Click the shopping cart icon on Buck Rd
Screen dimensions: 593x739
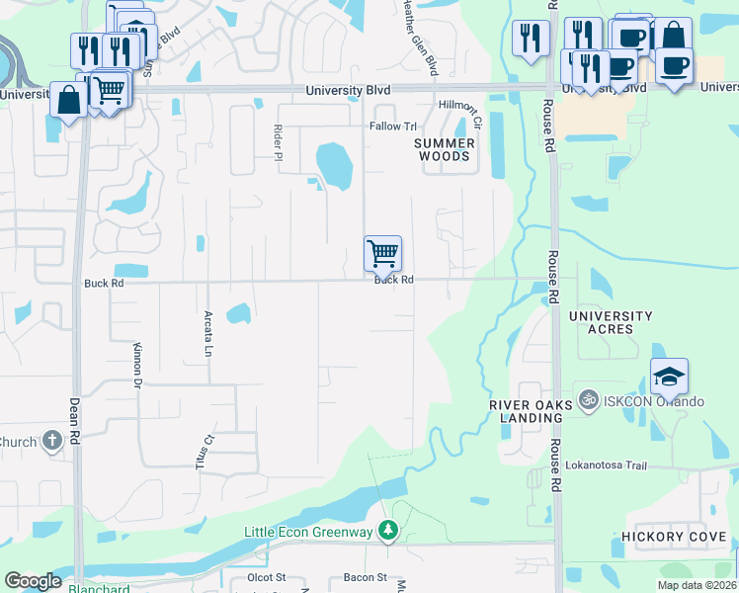[382, 253]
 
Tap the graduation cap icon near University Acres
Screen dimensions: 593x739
[669, 377]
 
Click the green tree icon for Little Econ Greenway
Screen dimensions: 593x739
[389, 533]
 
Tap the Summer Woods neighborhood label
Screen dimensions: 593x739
[444, 149]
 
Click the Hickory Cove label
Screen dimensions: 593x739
[674, 537]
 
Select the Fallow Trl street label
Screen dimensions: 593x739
[393, 127]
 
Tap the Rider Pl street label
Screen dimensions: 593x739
[279, 139]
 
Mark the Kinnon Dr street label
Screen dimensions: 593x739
[137, 366]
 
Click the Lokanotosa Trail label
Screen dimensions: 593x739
[618, 465]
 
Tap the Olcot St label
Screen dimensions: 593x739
[267, 577]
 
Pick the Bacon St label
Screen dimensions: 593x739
[366, 577]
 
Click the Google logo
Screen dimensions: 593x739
[34, 581]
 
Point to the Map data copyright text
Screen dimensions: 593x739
[697, 585]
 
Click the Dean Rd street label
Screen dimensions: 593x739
[73, 419]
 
